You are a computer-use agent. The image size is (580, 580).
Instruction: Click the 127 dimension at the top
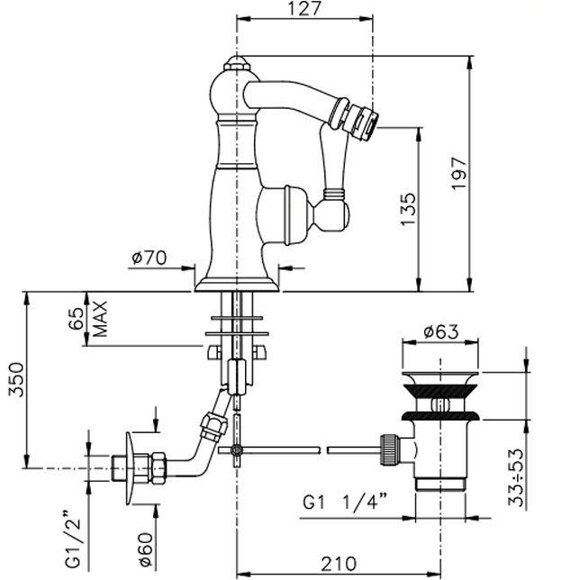click(x=304, y=10)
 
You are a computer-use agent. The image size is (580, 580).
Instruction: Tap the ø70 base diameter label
click(x=150, y=258)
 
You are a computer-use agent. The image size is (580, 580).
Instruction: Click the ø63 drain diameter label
click(x=441, y=331)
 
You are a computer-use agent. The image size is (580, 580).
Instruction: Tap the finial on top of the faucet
click(x=238, y=65)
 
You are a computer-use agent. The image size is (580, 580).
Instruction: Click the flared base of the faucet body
click(x=237, y=278)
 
